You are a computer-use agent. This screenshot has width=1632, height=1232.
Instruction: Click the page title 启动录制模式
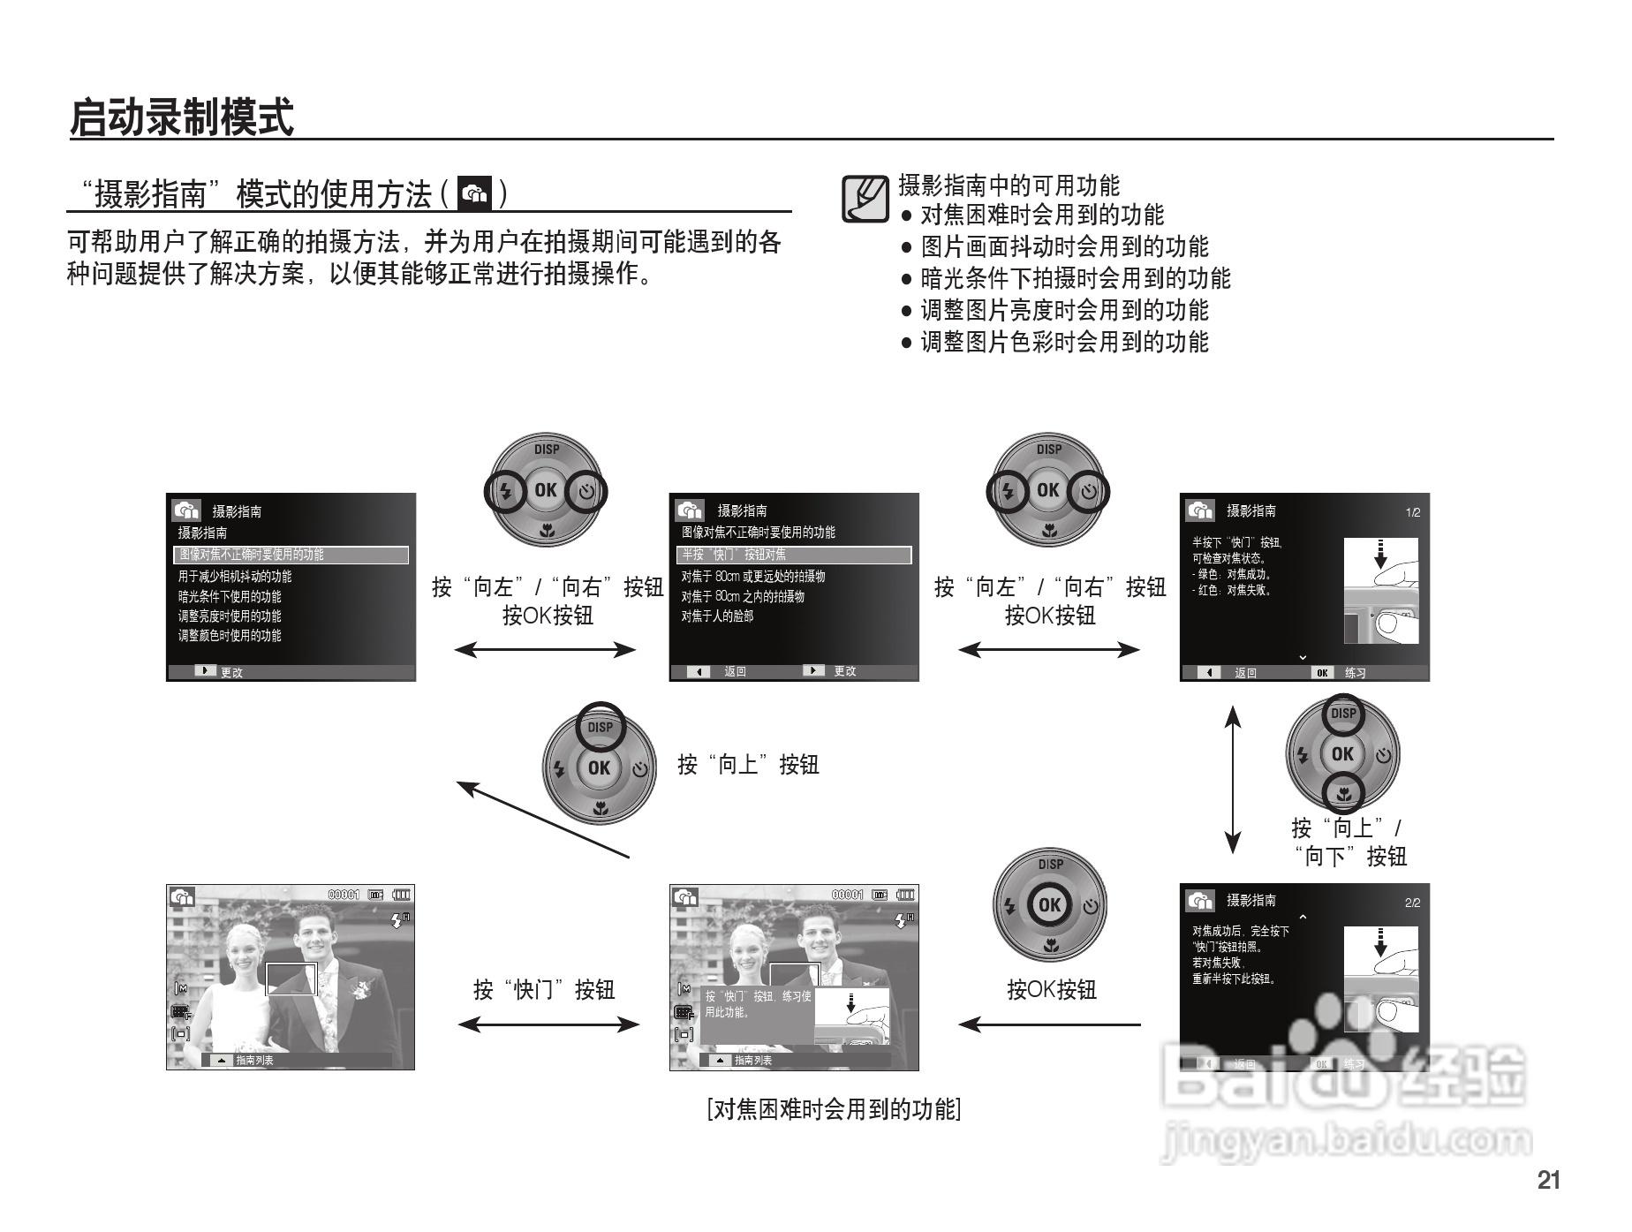pyautogui.click(x=182, y=117)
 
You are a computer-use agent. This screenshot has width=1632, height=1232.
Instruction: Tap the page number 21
pyautogui.click(x=1548, y=1180)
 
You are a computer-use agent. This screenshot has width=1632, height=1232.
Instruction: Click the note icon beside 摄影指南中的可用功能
pyautogui.click(x=864, y=199)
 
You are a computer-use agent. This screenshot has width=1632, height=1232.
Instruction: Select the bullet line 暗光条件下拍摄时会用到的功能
pyautogui.click(x=1075, y=278)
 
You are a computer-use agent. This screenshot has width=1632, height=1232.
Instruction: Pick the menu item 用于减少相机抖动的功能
pyautogui.click(x=235, y=576)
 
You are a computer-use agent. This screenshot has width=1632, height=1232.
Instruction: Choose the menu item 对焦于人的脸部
pyautogui.click(x=717, y=616)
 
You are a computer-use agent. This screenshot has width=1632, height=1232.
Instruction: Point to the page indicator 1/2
pyautogui.click(x=1412, y=512)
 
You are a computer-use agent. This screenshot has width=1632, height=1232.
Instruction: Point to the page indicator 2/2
pyautogui.click(x=1412, y=903)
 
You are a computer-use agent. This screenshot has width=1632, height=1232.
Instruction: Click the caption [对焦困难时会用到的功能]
pyautogui.click(x=834, y=1109)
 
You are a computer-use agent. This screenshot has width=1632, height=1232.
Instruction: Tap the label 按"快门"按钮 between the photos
pyautogui.click(x=544, y=989)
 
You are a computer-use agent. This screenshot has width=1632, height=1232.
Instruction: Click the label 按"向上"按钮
pyautogui.click(x=748, y=765)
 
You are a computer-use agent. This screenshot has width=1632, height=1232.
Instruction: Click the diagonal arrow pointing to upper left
pyautogui.click(x=542, y=820)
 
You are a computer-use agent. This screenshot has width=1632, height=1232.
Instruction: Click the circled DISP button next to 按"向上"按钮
pyautogui.click(x=601, y=727)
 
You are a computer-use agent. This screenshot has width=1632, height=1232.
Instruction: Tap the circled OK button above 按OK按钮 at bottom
pyautogui.click(x=1049, y=905)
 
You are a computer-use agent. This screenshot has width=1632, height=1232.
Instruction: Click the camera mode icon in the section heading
pyautogui.click(x=475, y=193)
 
